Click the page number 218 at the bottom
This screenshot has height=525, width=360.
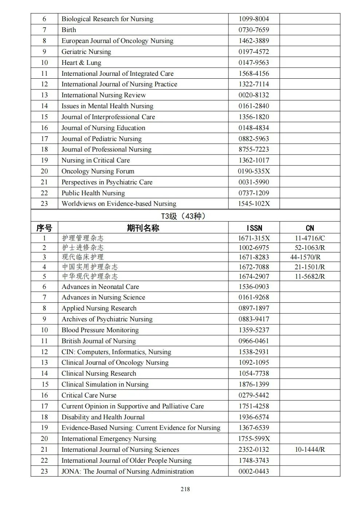pyautogui.click(x=185, y=489)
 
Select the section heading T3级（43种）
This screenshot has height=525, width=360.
pyautogui.click(x=185, y=216)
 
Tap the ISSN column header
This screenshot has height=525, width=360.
pyautogui.click(x=254, y=228)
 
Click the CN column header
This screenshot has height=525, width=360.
pyautogui.click(x=310, y=228)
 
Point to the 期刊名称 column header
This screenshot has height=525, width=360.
pyautogui.click(x=143, y=228)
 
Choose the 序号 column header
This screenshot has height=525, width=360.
pyautogui.click(x=44, y=228)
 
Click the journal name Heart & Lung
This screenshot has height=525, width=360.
pyautogui.click(x=81, y=63)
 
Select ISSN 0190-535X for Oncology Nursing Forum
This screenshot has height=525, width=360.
pyautogui.click(x=254, y=171)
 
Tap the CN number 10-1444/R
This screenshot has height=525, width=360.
pyautogui.click(x=310, y=450)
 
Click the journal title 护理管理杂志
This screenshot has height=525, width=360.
pyautogui.click(x=83, y=238)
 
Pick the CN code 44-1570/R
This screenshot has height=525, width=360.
pyautogui.click(x=305, y=257)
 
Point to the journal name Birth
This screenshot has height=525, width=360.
pyautogui.click(x=69, y=30)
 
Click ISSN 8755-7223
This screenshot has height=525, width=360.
pyautogui.click(x=254, y=149)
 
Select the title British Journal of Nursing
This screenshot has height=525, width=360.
pyautogui.click(x=98, y=341)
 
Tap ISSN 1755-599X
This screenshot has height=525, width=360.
pyautogui.click(x=254, y=439)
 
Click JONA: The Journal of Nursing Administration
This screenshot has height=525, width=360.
pyautogui.click(x=128, y=471)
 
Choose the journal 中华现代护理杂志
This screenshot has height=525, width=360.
pyautogui.click(x=90, y=277)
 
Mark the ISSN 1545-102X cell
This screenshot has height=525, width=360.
pyautogui.click(x=254, y=204)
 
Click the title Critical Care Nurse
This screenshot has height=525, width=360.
pyautogui.click(x=89, y=395)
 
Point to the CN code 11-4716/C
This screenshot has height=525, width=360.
pyautogui.click(x=310, y=238)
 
